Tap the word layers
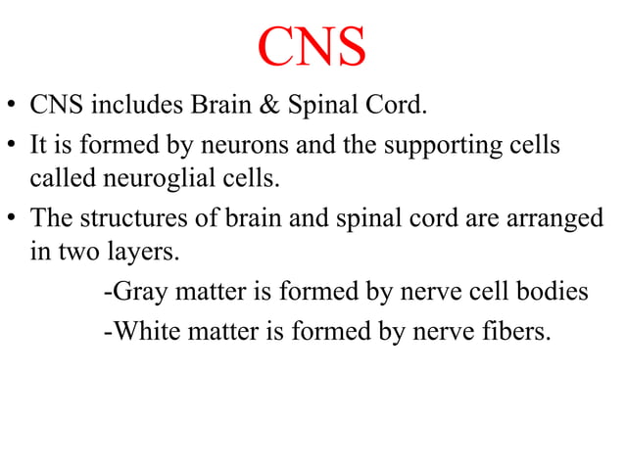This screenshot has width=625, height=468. [x=147, y=253]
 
